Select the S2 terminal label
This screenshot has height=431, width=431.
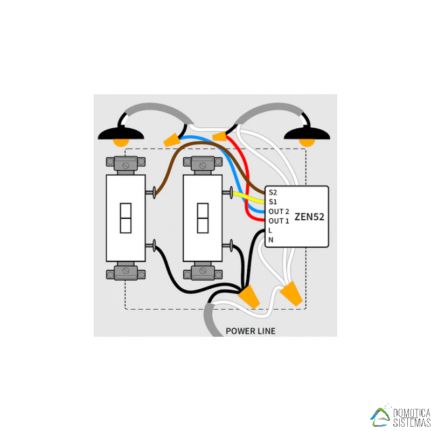click(x=273, y=192)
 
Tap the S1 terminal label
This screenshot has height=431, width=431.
click(x=273, y=202)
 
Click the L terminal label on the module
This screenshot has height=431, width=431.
click(x=270, y=231)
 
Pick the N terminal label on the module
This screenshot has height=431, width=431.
click(x=270, y=240)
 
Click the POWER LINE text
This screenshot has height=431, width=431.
click(x=251, y=331)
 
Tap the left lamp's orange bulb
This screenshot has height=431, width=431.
click(x=121, y=143)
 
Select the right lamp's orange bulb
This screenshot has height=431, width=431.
click(x=307, y=143)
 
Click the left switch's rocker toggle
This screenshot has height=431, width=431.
click(x=126, y=218)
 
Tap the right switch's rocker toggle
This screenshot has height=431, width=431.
click(x=203, y=218)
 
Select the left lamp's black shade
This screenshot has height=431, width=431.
click(x=121, y=132)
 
